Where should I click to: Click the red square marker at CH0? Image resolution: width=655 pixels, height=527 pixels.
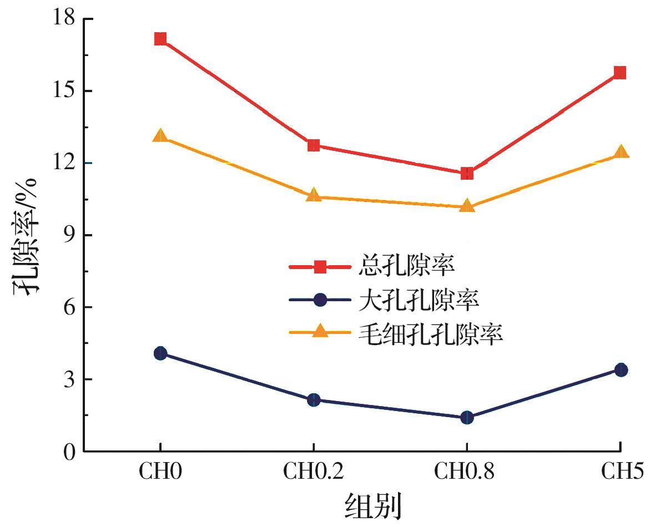pos(160,39)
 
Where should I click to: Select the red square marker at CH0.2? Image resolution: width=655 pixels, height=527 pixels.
pos(314,145)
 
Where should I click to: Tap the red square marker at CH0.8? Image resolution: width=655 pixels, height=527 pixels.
pos(467,174)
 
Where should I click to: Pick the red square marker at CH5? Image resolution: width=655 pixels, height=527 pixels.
pos(620,73)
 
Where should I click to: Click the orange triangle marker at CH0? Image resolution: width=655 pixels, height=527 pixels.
pos(160,135)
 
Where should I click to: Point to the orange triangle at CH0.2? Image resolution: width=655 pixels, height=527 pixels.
pos(314,195)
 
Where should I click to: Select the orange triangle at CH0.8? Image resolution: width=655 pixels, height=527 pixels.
pos(467,206)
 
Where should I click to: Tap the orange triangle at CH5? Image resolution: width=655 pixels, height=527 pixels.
pos(621,152)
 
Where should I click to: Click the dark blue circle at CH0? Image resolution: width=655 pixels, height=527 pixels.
pos(160,353)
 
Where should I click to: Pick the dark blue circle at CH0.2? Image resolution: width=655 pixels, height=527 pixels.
pos(314,400)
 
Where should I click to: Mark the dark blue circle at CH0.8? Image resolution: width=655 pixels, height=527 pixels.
pos(467,418)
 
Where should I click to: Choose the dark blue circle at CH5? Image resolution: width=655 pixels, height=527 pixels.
pos(621,370)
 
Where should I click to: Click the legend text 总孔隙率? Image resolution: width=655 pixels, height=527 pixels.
pos(407,267)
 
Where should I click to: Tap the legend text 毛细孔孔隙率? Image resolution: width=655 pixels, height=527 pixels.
pos(430,333)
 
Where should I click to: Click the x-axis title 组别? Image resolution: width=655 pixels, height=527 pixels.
pos(373,505)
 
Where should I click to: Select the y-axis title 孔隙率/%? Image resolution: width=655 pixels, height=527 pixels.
pos(27,236)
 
